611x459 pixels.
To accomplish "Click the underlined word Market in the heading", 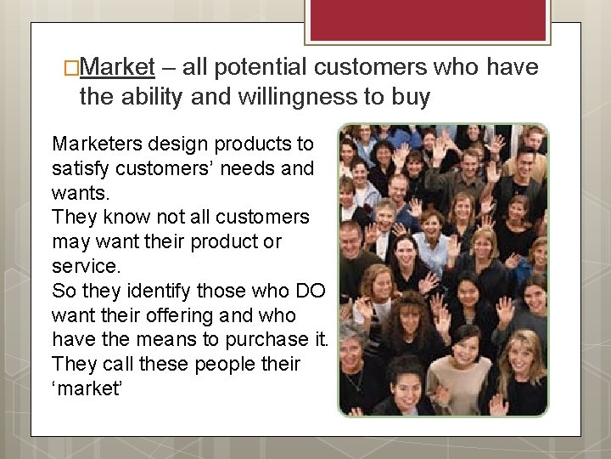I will (x=119, y=66).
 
